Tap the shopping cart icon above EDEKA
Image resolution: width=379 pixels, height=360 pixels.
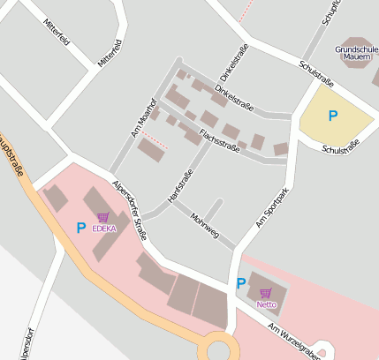pos(103,217)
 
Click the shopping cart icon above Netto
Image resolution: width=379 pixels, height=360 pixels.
pos(266,291)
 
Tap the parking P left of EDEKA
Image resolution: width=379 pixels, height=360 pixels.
pos(80,228)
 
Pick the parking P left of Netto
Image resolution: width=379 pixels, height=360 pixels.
pos(240,283)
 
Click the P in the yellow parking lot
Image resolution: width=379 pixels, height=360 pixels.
pos(332,116)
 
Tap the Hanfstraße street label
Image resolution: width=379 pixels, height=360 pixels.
pos(179,188)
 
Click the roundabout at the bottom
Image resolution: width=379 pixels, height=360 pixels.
pos(217,349)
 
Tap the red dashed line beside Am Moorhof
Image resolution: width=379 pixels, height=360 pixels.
pos(155,139)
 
